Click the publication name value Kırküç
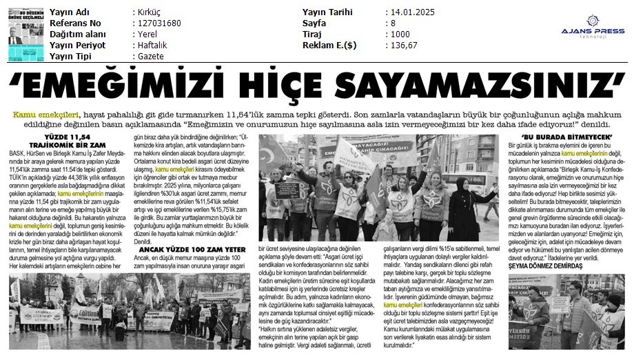(x=146, y=12)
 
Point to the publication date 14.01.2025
(x=413, y=12)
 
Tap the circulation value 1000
(x=400, y=34)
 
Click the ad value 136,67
(x=403, y=45)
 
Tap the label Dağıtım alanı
(x=79, y=34)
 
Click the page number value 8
(x=393, y=23)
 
